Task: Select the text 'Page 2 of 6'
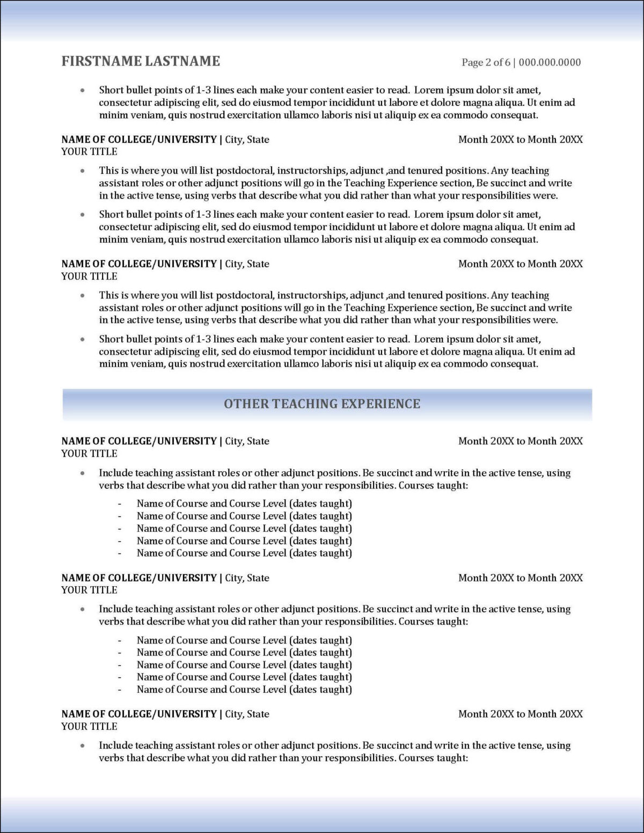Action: (x=486, y=62)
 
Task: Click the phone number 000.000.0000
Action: (x=550, y=62)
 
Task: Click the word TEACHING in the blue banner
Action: (x=305, y=404)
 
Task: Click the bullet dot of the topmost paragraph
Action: (x=82, y=91)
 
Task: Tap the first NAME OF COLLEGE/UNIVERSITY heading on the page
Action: (x=139, y=140)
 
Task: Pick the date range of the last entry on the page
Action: (x=520, y=714)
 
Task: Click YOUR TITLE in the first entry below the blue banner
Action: (x=89, y=454)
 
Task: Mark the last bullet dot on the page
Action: (x=82, y=746)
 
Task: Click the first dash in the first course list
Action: (x=120, y=504)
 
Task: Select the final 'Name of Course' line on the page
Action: (x=244, y=689)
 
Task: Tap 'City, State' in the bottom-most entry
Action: (x=247, y=714)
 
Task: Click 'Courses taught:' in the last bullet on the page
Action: (x=433, y=758)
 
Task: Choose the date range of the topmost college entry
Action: (x=520, y=140)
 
